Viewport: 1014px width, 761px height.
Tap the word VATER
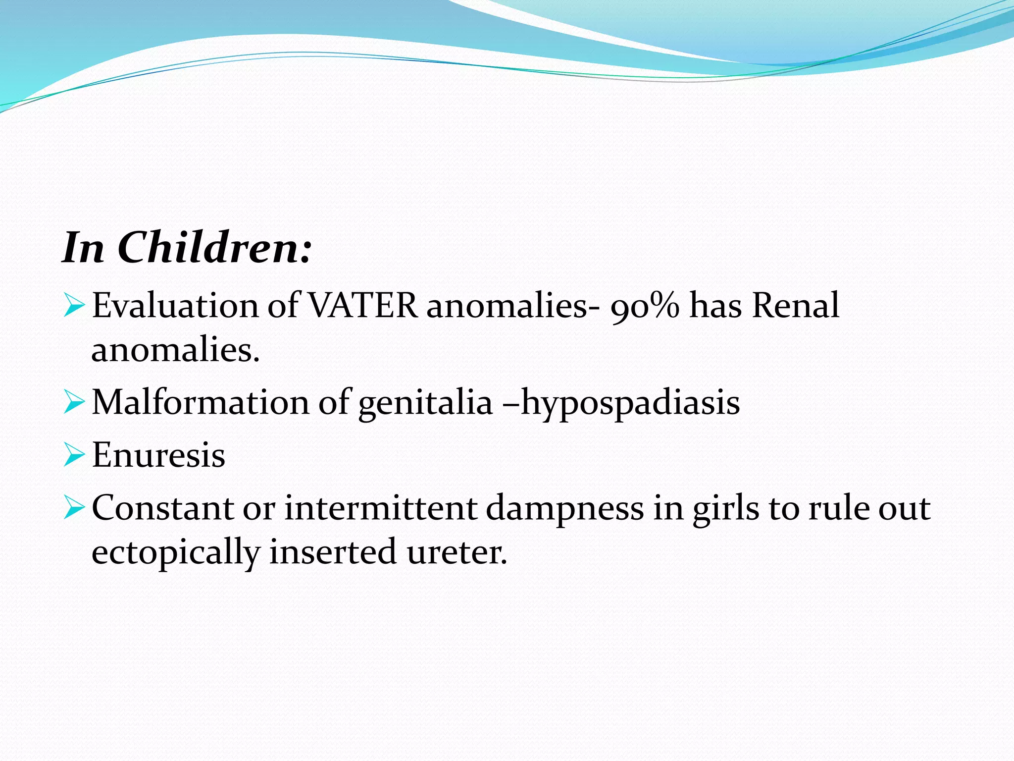point(363,305)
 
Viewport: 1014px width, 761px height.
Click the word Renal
point(795,305)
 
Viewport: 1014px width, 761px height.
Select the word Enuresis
point(158,455)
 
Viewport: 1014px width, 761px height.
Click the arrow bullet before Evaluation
point(74,306)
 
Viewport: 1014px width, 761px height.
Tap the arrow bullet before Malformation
point(74,402)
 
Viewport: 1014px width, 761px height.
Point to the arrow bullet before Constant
point(74,509)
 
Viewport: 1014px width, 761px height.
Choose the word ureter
point(457,552)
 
